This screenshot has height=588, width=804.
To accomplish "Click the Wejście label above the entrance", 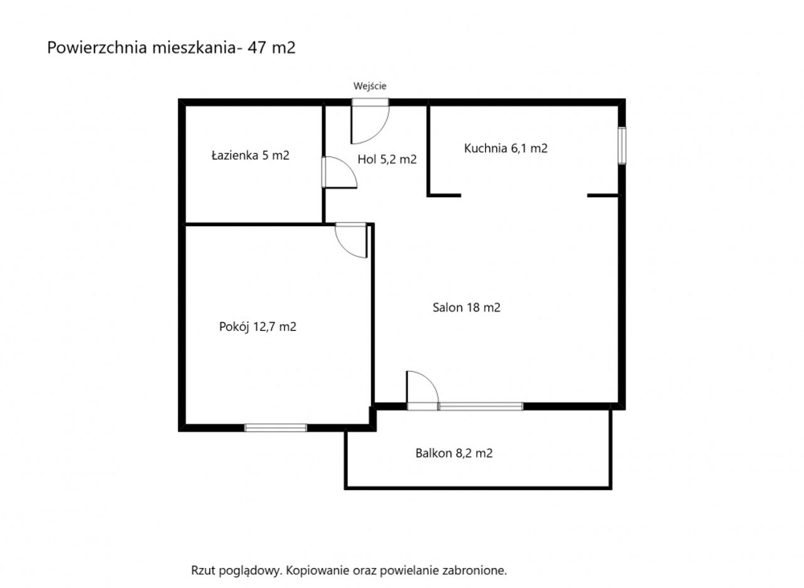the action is tap(370, 86).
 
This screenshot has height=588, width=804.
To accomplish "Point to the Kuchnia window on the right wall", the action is tap(622, 145).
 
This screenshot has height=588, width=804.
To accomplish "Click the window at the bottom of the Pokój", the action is tap(276, 428).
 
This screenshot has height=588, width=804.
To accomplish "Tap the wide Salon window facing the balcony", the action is tap(481, 406).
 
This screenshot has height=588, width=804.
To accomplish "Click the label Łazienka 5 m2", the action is tap(251, 155).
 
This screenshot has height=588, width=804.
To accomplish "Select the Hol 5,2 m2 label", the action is tap(387, 160).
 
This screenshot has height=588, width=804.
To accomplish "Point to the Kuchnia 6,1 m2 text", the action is tap(506, 148).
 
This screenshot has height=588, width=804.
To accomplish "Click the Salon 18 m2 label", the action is tap(466, 308).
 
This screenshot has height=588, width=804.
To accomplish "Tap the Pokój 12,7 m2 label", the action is tap(258, 327).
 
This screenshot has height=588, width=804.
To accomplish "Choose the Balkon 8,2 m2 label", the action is tap(454, 454).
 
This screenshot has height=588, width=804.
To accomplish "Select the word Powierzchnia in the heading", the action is tap(97, 47).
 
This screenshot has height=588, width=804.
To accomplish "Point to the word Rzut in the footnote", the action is tap(204, 570).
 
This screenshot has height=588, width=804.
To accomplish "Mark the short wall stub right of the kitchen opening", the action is tap(604, 195).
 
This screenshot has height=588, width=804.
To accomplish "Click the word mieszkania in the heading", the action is tap(194, 47).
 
